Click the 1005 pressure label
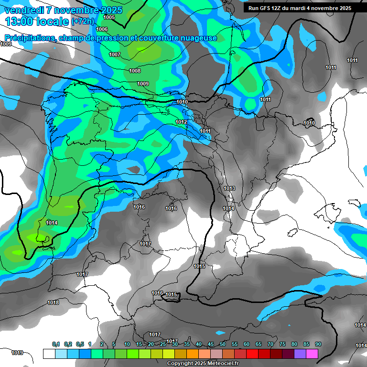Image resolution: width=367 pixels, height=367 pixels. pyautogui.click(x=109, y=17)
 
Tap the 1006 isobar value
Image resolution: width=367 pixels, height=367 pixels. pyautogui.click(x=102, y=29)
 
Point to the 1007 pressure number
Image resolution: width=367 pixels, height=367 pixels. pyautogui.click(x=115, y=54)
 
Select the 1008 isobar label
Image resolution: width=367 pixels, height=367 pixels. pyautogui.click(x=135, y=71)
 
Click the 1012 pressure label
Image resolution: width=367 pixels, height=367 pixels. pyautogui.click(x=181, y=122)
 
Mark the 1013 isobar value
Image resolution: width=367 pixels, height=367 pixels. pyautogui.click(x=229, y=188)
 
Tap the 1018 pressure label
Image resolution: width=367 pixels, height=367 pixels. pyautogui.click(x=53, y=302)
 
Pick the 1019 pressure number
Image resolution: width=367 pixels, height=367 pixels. pyautogui.click(x=17, y=353)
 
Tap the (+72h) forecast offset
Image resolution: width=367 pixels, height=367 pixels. pyautogui.click(x=83, y=22)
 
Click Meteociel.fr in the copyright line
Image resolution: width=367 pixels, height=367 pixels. pyautogui.click(x=220, y=364)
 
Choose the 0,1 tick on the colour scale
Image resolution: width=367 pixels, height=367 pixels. pyautogui.click(x=56, y=345)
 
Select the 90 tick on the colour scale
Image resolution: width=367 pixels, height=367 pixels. pyautogui.click(x=318, y=345)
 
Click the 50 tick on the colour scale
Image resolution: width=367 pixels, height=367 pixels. pyautogui.click(x=223, y=345)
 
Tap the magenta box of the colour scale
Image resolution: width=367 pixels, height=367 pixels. pyautogui.click(x=312, y=354)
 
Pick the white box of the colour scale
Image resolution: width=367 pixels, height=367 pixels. pyautogui.click(x=49, y=354)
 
